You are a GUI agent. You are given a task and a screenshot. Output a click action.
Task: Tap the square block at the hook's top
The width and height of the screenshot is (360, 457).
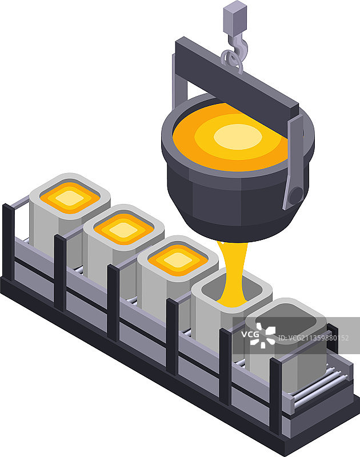235,18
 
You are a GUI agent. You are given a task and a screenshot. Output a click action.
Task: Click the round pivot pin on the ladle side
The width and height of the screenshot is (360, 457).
296,196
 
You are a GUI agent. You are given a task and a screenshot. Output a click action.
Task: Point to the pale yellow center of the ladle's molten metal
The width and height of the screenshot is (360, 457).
238,137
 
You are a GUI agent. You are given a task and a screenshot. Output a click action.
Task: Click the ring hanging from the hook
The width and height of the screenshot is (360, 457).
231,62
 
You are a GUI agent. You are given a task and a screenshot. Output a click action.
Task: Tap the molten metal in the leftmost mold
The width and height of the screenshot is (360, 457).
70,198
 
